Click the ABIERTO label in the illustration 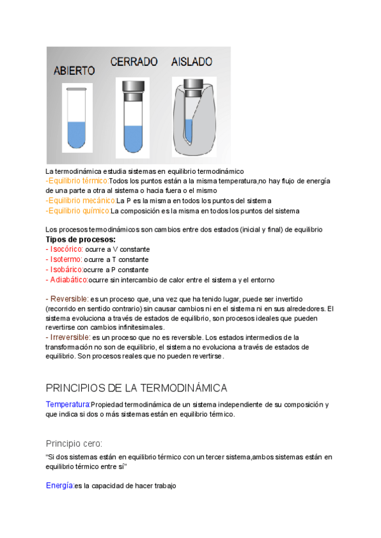[x=74, y=71]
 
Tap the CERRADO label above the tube [x=133, y=62]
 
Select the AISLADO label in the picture [x=192, y=62]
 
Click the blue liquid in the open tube [x=76, y=134]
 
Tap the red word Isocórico [x=64, y=249]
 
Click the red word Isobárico [x=64, y=270]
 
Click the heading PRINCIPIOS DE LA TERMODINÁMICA [x=137, y=388]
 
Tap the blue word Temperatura [x=67, y=404]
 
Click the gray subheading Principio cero [x=74, y=443]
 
